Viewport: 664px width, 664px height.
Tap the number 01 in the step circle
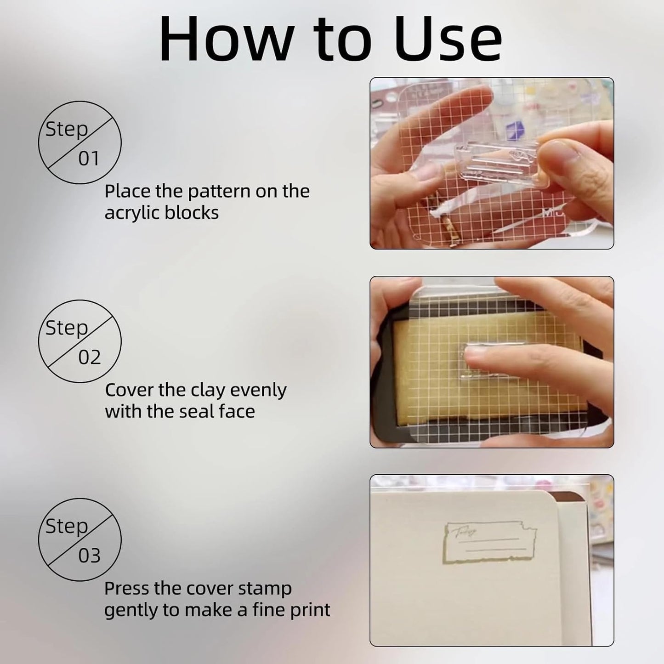89,159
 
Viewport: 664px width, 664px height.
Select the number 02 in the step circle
89,358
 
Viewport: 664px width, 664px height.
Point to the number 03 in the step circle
89,556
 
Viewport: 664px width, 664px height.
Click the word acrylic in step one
131,213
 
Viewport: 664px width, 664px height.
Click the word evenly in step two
258,391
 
